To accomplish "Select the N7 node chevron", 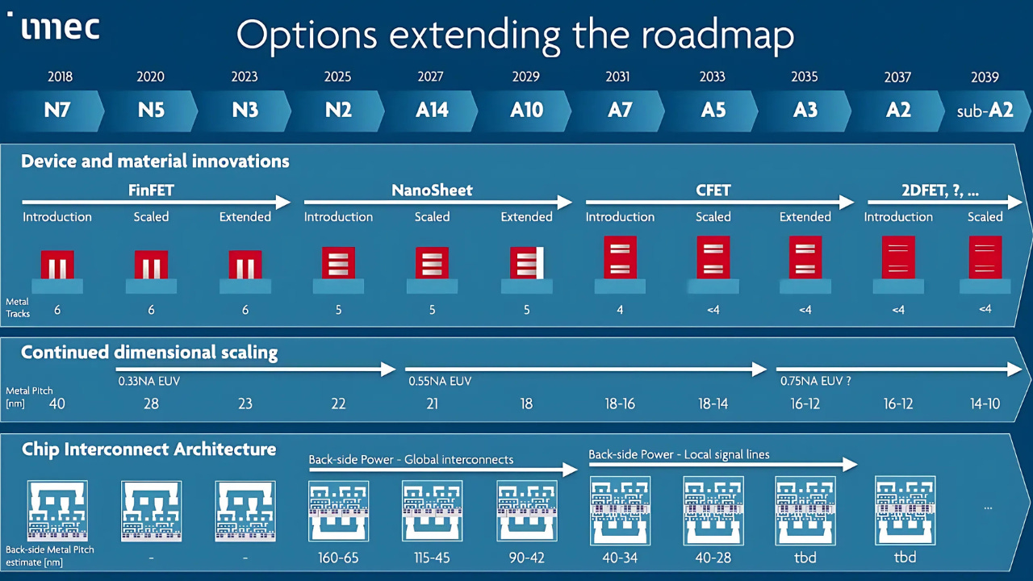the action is (x=57, y=111).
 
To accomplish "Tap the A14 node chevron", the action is (x=432, y=111).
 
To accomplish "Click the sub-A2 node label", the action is (x=985, y=111).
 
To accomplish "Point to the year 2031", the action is (x=618, y=77).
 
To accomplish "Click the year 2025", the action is (x=337, y=77).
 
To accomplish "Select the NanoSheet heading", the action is (x=432, y=191).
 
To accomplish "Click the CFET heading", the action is (x=713, y=191).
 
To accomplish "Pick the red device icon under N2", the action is (x=338, y=263).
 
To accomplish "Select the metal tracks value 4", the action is (x=620, y=309).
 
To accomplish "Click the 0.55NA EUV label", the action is (x=439, y=380).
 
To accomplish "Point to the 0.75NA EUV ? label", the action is (x=814, y=380).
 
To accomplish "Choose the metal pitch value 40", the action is (x=57, y=403).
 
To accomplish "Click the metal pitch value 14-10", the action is (x=985, y=403).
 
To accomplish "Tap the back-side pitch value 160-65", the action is (x=338, y=557).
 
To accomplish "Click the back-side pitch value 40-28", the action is (x=713, y=557).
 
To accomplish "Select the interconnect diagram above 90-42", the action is (x=526, y=511).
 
